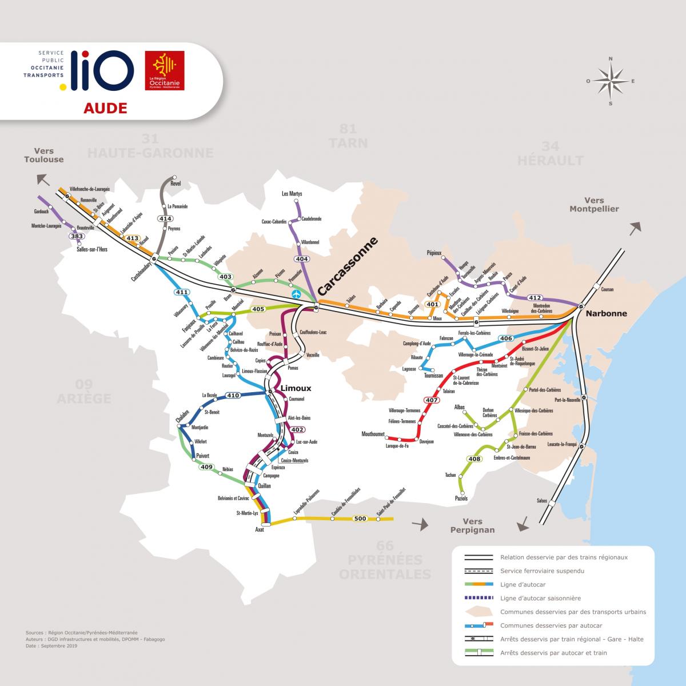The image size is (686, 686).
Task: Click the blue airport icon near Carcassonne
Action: tap(296, 294)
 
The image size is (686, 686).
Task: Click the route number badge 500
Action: tap(360, 519)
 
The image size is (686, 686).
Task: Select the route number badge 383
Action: tap(77, 236)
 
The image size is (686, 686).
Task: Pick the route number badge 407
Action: tap(432, 400)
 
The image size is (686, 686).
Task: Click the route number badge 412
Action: tap(535, 297)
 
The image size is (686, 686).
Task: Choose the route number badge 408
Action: tap(474, 458)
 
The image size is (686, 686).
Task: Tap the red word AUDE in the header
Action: tap(105, 108)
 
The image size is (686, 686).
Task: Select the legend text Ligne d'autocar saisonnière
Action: tap(540, 598)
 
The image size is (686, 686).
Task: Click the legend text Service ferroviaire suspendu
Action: tap(542, 571)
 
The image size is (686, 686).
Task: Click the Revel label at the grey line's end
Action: tap(175, 184)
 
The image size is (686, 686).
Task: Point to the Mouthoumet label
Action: tap(373, 434)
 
